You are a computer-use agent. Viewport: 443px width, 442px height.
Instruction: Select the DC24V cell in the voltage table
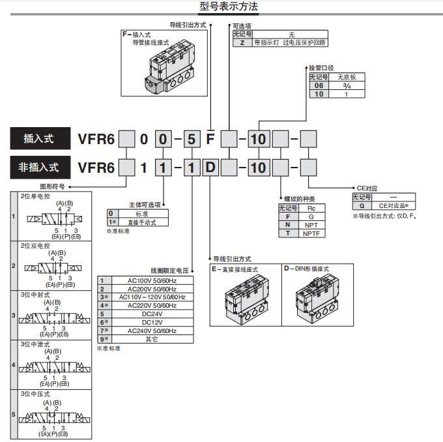click(151, 314)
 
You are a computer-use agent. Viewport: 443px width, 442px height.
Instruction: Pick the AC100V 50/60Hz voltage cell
click(151, 280)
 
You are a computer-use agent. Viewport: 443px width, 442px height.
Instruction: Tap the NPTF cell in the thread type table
click(311, 233)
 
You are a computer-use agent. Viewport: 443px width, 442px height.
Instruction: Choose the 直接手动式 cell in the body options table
click(141, 222)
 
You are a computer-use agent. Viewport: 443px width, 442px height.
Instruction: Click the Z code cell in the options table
click(242, 42)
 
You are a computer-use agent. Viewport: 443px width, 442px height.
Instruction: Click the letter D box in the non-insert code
click(210, 168)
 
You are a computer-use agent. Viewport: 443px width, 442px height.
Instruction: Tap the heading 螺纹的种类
click(299, 198)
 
